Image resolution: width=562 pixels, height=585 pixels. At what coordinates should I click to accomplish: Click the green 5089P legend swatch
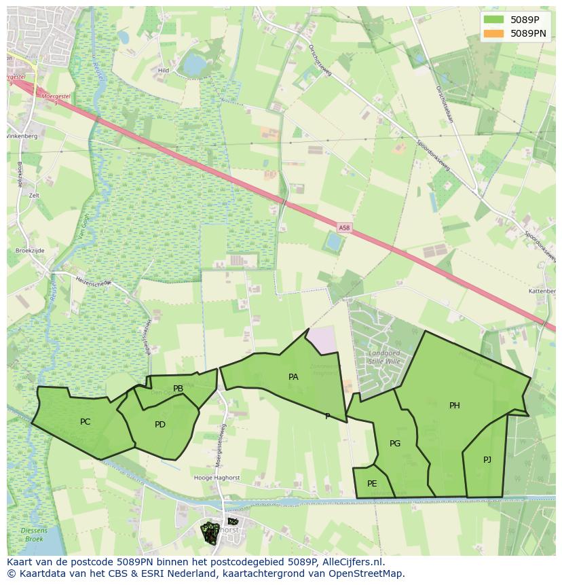point(493,20)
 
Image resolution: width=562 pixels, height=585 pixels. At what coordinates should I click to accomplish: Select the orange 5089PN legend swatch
point(493,33)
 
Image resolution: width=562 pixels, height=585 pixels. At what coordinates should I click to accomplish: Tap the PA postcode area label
point(293,376)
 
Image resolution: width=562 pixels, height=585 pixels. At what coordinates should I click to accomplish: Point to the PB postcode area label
point(178,389)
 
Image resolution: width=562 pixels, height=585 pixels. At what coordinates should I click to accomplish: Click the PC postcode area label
point(85,422)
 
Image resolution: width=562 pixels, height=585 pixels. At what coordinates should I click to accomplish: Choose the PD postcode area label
point(160,425)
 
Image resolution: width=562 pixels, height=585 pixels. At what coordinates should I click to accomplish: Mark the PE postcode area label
point(372,484)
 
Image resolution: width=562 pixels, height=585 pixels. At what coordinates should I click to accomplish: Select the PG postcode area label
point(395,444)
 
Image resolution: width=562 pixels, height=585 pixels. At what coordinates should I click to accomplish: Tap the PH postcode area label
point(455,406)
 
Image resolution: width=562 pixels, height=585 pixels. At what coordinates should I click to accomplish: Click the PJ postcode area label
point(487,460)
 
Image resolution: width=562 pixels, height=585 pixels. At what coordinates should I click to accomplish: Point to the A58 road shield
point(345,227)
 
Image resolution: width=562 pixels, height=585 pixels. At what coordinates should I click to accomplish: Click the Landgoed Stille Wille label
point(383,357)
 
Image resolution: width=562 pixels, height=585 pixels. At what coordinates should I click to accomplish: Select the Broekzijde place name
point(30,251)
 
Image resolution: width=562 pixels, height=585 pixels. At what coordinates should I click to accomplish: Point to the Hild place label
point(163,70)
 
